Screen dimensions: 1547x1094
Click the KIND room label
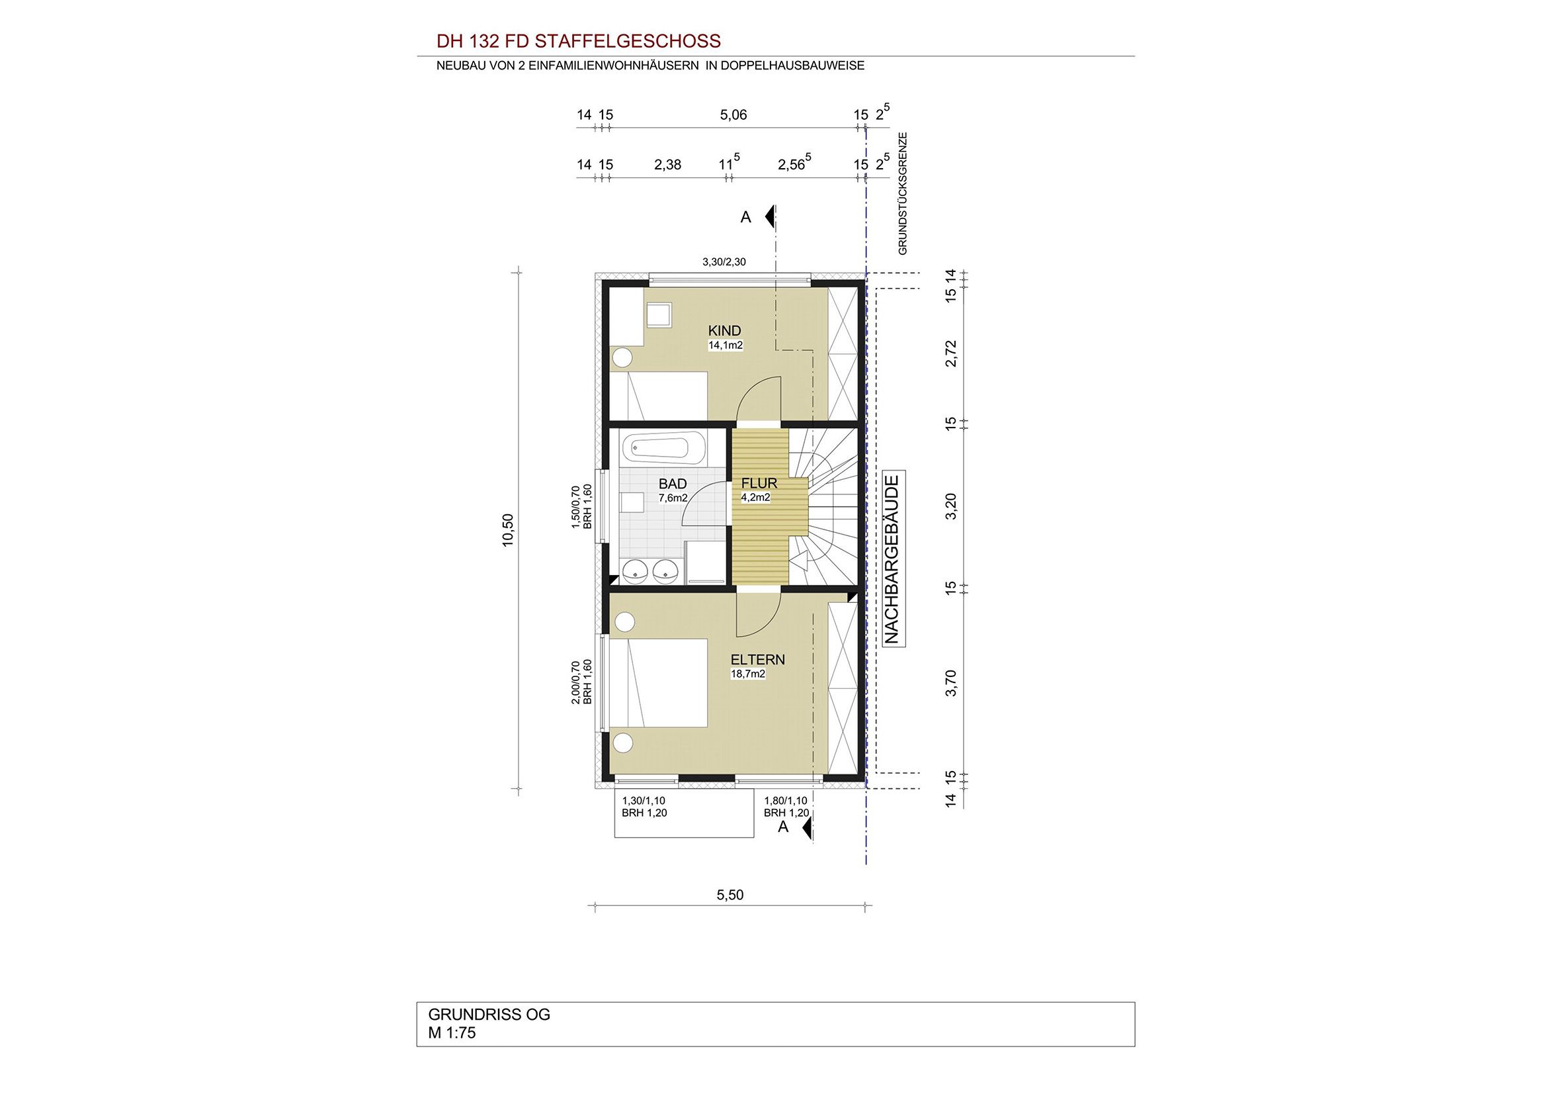(724, 330)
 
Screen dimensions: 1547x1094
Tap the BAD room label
(673, 484)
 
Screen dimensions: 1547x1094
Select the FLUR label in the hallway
(759, 483)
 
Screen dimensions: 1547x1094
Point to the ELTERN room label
(758, 659)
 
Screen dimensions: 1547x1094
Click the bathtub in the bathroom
(664, 447)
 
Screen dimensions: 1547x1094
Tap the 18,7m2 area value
(748, 673)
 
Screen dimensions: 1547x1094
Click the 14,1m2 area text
(725, 345)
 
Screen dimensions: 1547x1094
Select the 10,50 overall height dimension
(508, 530)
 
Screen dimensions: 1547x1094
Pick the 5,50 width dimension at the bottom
(730, 895)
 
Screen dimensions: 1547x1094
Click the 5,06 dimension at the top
(733, 115)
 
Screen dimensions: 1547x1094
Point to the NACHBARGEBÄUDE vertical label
(893, 559)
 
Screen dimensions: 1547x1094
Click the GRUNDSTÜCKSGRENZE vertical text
(903, 193)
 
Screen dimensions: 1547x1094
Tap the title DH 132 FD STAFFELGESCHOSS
(579, 41)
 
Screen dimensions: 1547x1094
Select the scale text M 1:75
(452, 1032)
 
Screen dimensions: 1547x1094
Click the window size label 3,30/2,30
(724, 262)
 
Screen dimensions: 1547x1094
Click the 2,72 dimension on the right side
(950, 353)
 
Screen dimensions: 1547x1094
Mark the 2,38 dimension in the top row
(667, 165)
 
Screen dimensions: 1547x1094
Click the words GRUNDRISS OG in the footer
(489, 1015)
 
